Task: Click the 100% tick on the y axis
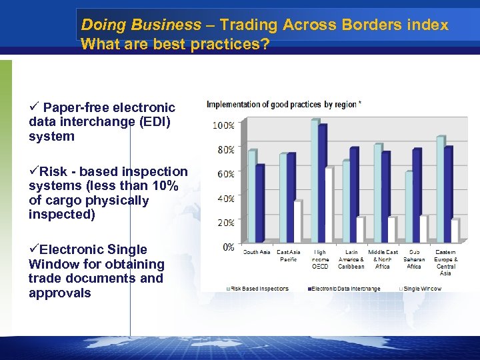(223, 125)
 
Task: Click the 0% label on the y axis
(227, 247)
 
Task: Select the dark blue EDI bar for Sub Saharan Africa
(417, 195)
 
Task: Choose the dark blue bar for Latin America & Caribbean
(353, 194)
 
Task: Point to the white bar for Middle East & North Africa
(391, 229)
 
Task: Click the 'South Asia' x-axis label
(257, 253)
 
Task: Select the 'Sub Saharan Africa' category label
(414, 259)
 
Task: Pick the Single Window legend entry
(422, 289)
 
